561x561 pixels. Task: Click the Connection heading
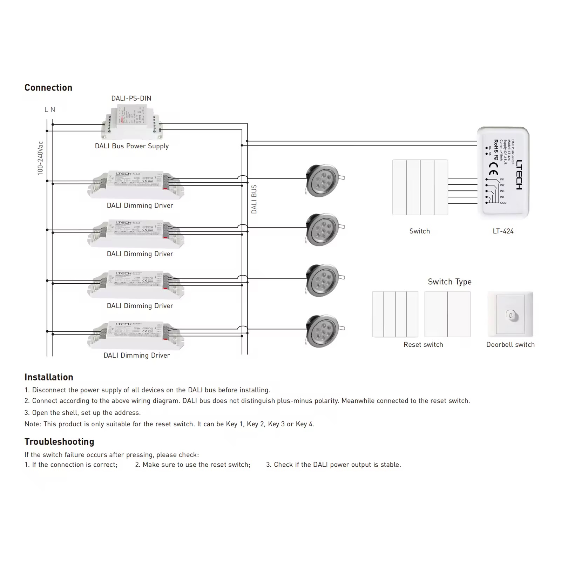(48, 88)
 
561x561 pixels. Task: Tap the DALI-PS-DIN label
(131, 99)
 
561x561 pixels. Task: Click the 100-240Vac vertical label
(40, 158)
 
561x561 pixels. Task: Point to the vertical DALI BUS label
(254, 199)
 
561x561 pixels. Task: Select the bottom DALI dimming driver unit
(136, 335)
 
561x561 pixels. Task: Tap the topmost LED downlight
(323, 180)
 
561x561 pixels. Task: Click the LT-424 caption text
(503, 231)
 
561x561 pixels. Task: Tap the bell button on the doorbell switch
(511, 315)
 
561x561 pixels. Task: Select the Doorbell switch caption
(510, 345)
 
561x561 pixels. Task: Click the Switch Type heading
(450, 282)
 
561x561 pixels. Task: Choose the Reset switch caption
(423, 345)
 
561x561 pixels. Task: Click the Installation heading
(49, 377)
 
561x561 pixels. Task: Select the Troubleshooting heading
(59, 442)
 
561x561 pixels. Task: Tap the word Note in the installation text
(32, 424)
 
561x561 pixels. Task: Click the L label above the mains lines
(46, 110)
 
